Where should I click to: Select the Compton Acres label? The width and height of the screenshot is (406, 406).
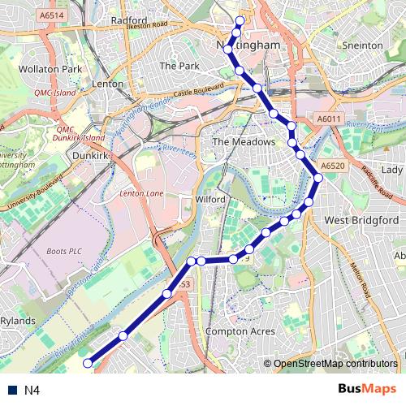click(240, 331)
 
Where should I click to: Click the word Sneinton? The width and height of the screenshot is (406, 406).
click(362, 45)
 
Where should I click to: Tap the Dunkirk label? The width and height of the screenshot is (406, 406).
click(90, 152)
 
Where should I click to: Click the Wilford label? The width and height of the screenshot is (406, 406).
click(209, 198)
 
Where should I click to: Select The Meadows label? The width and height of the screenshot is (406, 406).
click(244, 141)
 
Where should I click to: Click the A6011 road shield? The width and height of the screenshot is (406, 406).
click(329, 119)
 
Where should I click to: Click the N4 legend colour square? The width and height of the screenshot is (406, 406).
click(11, 391)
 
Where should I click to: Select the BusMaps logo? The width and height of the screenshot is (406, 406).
click(366, 390)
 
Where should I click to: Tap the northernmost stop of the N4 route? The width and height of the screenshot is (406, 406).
click(240, 20)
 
